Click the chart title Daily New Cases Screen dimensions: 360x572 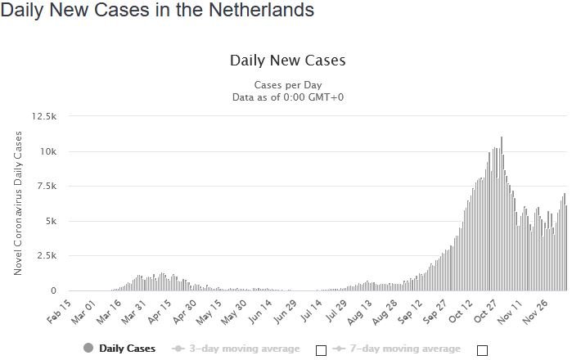tap(287, 61)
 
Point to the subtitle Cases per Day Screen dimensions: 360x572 tap(287, 85)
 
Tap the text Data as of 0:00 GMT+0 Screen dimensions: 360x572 tap(287, 97)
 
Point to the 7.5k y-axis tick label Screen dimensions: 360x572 tap(46, 187)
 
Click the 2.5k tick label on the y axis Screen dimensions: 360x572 tap(46, 256)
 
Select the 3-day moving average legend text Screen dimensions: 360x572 tap(244, 349)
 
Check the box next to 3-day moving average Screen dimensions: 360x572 tap(321, 350)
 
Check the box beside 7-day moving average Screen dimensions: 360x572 tap(482, 350)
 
